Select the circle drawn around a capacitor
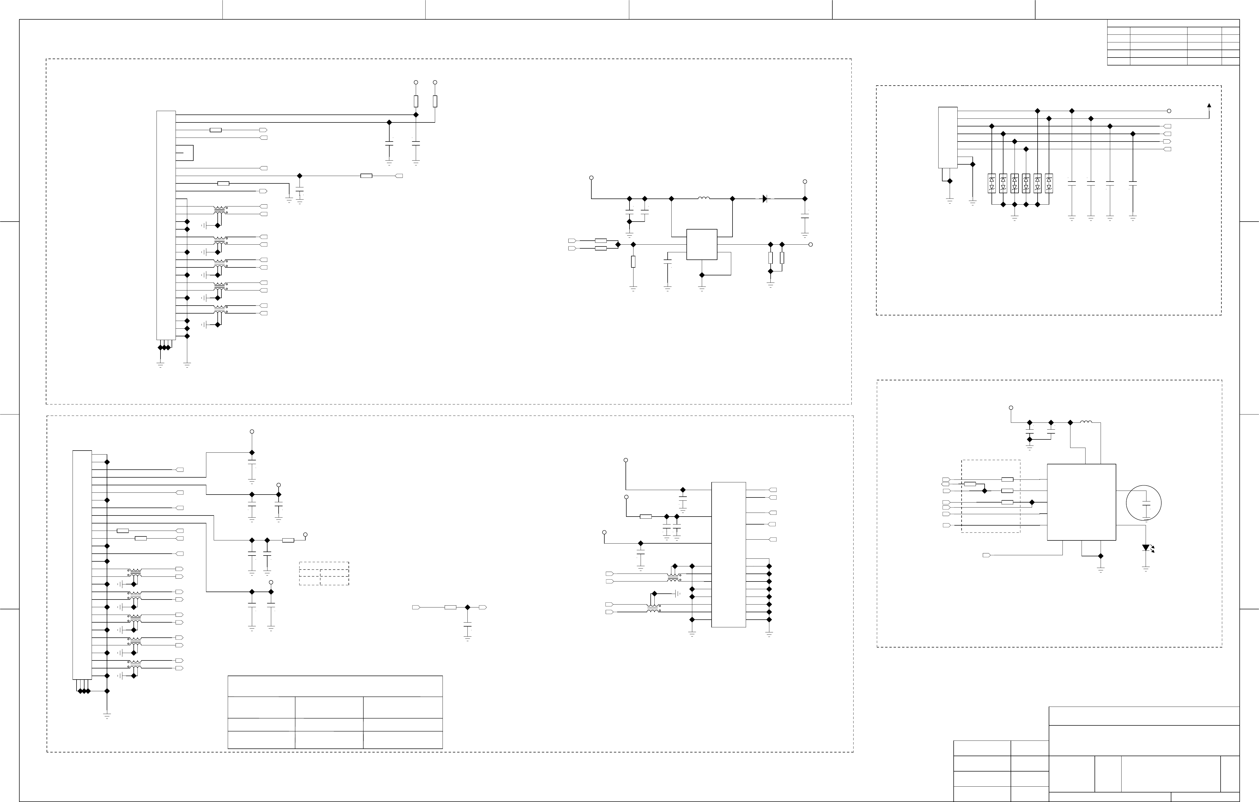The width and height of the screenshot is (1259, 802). point(1144,503)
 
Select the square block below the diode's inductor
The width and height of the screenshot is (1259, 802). point(702,244)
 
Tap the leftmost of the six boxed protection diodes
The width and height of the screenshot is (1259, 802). point(991,183)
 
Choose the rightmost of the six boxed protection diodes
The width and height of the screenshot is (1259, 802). point(1049,183)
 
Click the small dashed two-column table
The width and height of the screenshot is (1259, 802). point(324,573)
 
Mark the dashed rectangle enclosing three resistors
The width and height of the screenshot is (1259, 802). point(990,496)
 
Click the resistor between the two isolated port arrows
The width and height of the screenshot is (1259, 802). point(450,607)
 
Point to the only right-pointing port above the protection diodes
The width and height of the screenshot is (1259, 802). point(1167,141)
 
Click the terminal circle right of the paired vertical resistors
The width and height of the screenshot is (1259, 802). point(810,244)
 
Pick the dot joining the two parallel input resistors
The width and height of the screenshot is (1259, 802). point(618,244)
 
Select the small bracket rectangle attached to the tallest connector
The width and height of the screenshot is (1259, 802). point(185,153)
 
